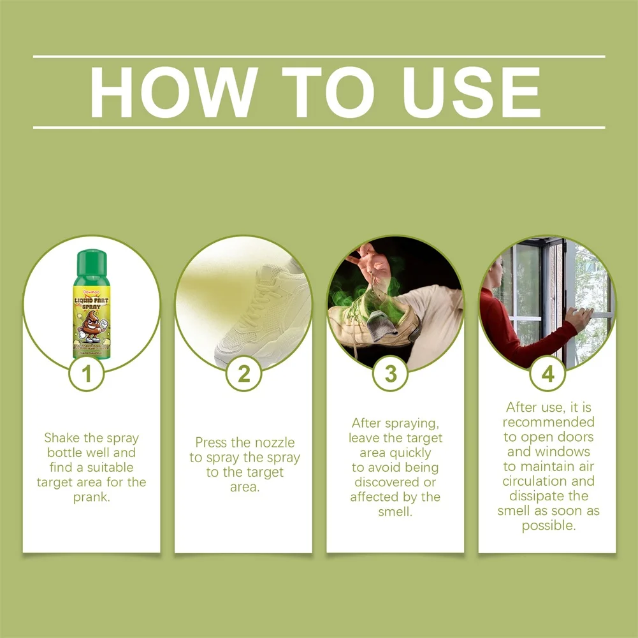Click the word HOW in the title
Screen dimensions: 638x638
tap(174, 92)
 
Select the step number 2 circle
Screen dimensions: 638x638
tap(243, 374)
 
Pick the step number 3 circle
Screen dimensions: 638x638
tap(390, 374)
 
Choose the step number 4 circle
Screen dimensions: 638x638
tap(547, 374)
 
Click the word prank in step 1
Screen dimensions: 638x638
tap(92, 497)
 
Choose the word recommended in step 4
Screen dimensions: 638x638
tap(548, 422)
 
